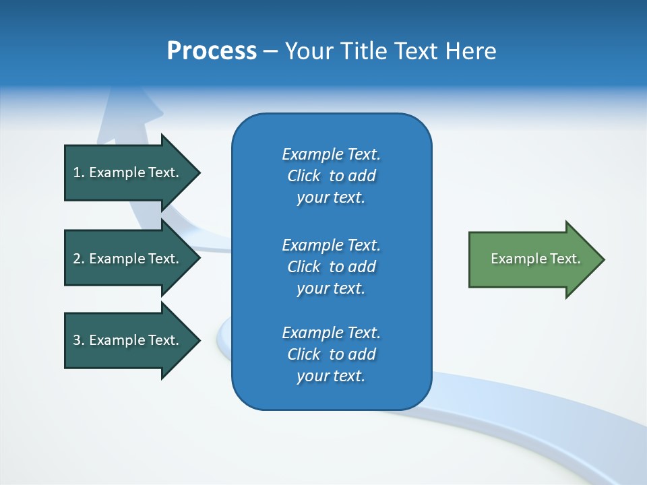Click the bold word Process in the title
point(212,51)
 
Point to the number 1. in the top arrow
point(79,172)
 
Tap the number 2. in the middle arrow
point(79,259)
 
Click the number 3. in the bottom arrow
point(79,340)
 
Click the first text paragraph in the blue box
point(331,176)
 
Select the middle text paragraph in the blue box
point(331,267)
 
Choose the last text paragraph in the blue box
point(331,354)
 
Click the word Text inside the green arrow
point(565,259)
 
